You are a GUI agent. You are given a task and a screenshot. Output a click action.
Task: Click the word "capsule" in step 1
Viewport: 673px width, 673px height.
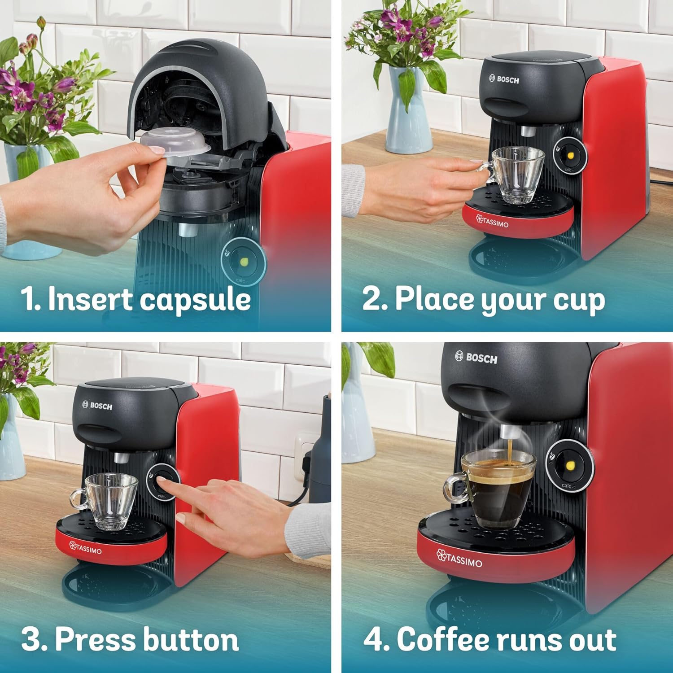195,300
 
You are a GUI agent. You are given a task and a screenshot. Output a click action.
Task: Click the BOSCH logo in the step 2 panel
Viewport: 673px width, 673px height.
504,79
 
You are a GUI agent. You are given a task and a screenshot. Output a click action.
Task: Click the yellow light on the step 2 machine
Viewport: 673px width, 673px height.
571,156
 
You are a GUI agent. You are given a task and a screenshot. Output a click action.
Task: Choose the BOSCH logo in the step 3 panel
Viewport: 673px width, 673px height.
97,406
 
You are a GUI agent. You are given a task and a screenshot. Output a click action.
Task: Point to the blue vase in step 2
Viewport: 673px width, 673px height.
406,112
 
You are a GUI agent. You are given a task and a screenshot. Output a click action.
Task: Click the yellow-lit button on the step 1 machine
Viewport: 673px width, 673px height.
244,262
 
